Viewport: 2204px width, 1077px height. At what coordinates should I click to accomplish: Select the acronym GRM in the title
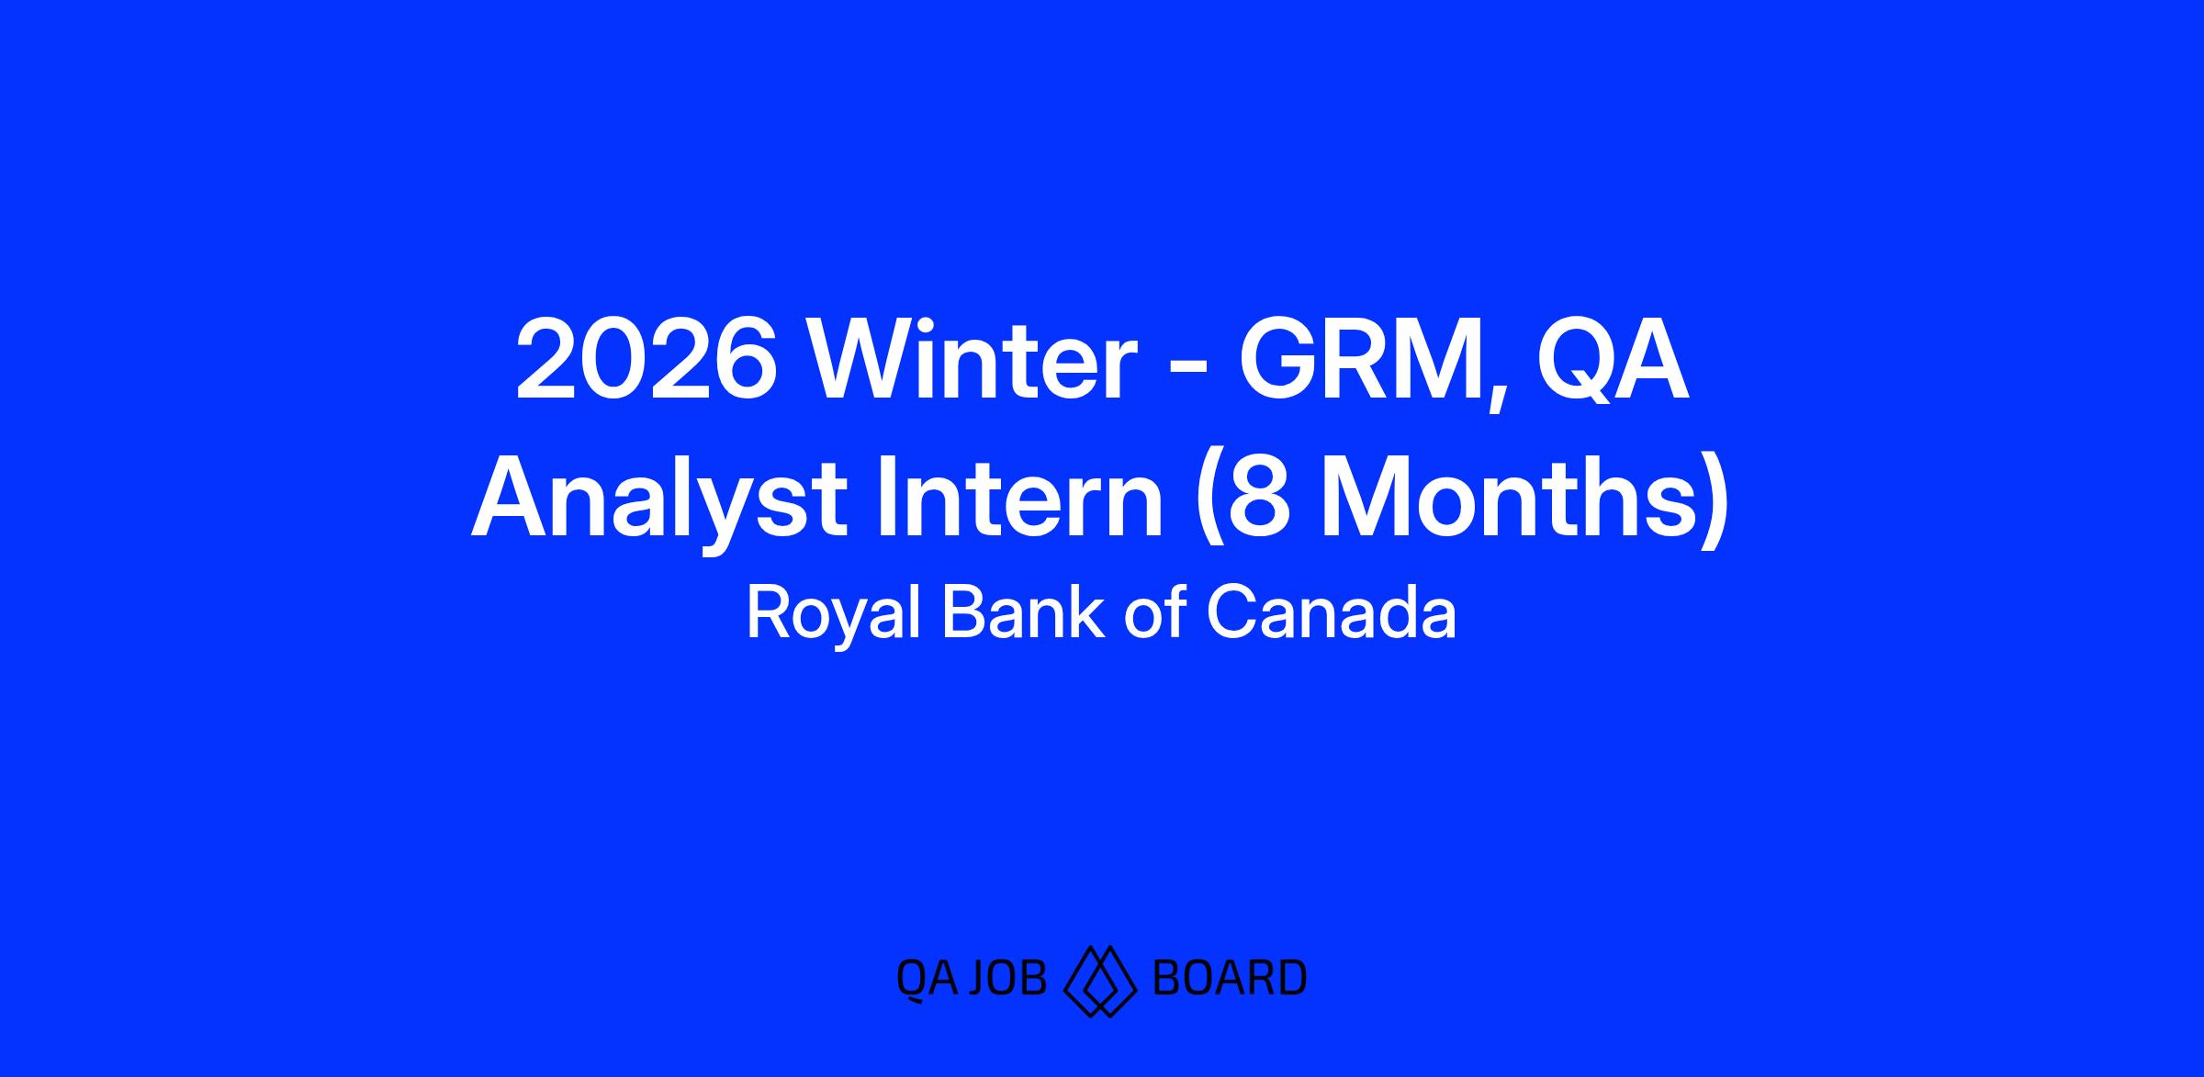[x=1362, y=361]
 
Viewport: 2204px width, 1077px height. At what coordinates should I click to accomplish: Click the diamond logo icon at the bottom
[x=1100, y=980]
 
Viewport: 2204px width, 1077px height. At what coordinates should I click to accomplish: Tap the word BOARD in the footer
[x=1228, y=978]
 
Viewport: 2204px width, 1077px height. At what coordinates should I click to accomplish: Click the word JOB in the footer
[x=1010, y=978]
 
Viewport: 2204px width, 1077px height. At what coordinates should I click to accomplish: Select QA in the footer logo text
[x=928, y=979]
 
